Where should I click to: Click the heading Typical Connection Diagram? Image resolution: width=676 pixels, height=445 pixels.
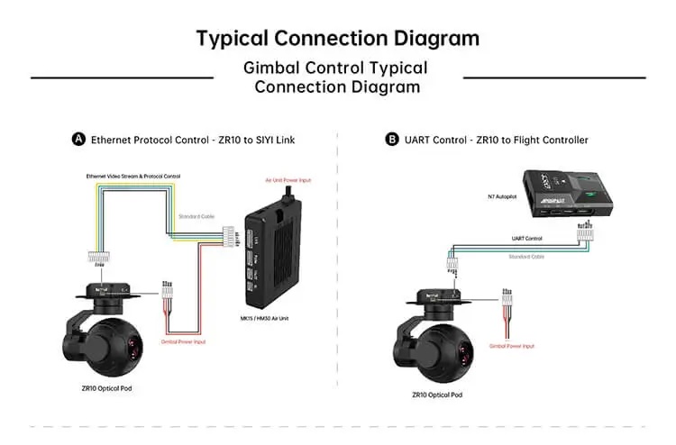coord(338,39)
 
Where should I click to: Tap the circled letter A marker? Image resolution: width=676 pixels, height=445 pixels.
coord(79,140)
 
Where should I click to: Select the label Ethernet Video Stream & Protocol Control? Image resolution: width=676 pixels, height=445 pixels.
coord(133,176)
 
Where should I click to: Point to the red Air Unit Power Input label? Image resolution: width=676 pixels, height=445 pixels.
coord(288,180)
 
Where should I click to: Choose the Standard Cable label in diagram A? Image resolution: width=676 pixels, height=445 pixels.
coord(196,217)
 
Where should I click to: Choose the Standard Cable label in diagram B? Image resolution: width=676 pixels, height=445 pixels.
coord(526,257)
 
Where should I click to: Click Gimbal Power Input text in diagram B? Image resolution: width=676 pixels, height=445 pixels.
coord(512,346)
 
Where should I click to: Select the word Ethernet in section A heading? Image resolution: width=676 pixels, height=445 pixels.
coord(108,140)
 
